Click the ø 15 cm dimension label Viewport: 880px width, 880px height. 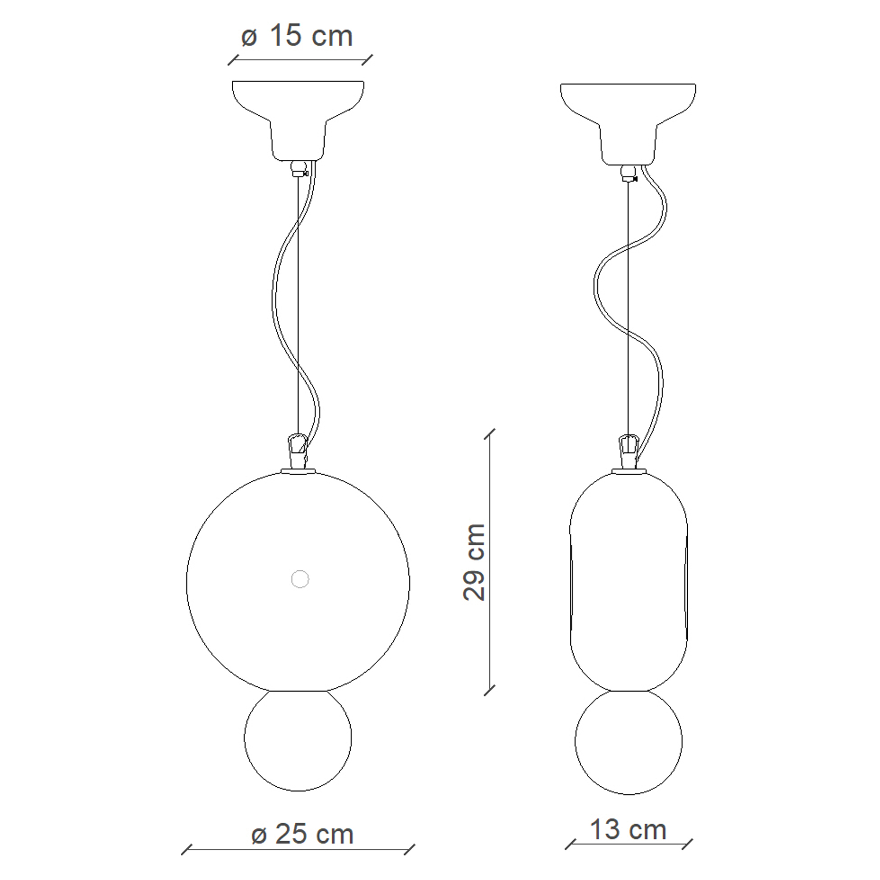click(x=297, y=36)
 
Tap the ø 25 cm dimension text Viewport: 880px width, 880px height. click(x=302, y=833)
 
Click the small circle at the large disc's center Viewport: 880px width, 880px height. click(x=300, y=579)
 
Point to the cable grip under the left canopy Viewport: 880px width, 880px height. click(x=299, y=169)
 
